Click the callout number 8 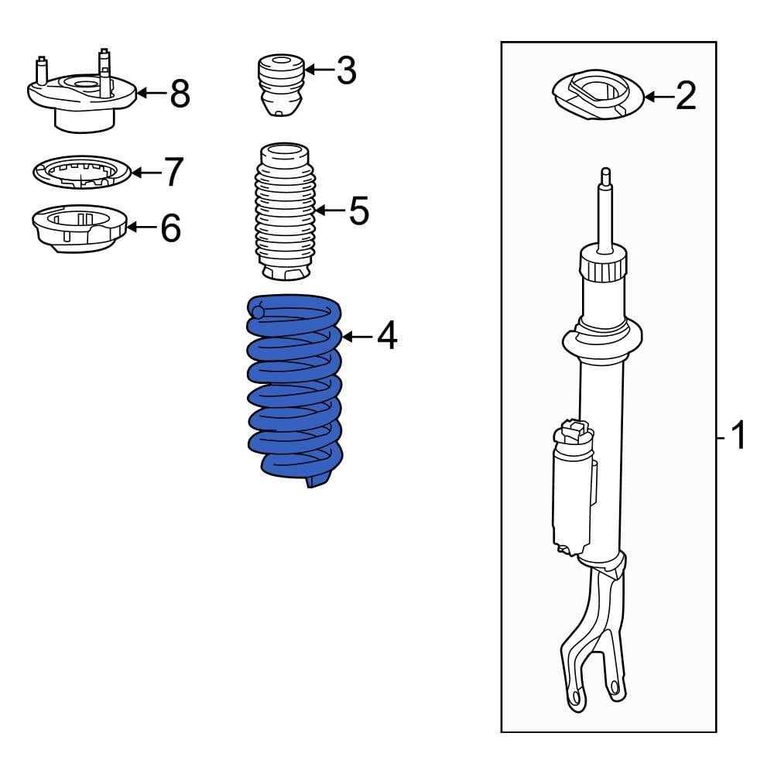pyautogui.click(x=179, y=94)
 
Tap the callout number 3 pyautogui.click(x=346, y=70)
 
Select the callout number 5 pyautogui.click(x=358, y=211)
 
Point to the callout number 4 pyautogui.click(x=386, y=336)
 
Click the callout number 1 pyautogui.click(x=738, y=437)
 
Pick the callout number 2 pyautogui.click(x=685, y=97)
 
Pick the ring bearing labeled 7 pyautogui.click(x=82, y=171)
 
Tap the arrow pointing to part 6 pyautogui.click(x=141, y=227)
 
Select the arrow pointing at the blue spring pyautogui.click(x=357, y=336)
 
